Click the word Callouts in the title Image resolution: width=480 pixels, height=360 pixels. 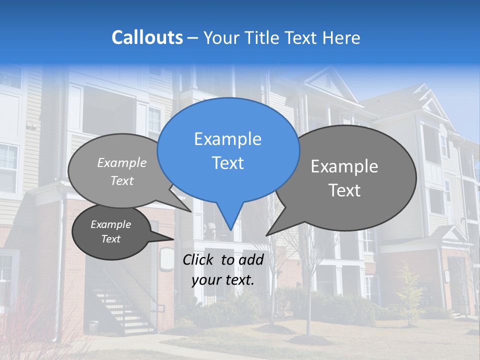[x=147, y=38]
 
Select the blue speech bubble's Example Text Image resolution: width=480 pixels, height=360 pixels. [x=227, y=151]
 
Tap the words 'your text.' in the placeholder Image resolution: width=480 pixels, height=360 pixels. [x=223, y=280]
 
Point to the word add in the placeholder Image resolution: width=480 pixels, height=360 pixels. [x=250, y=259]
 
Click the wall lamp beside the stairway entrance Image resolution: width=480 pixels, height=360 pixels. [x=165, y=260]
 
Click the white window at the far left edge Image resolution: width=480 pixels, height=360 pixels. [x=7, y=167]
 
